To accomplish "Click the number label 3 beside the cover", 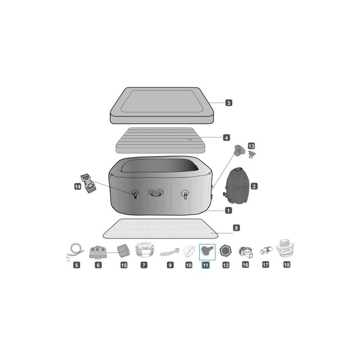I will pyautogui.click(x=229, y=103).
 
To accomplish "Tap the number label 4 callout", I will pyautogui.click(x=227, y=137).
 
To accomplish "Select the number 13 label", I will pyautogui.click(x=251, y=146).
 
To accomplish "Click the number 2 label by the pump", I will pyautogui.click(x=254, y=185).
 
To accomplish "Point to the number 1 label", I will pyautogui.click(x=229, y=210).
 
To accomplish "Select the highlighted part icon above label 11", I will pyautogui.click(x=207, y=250).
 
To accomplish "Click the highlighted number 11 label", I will pyautogui.click(x=206, y=265).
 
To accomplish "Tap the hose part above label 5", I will pyautogui.click(x=74, y=252).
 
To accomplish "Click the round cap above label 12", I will pyautogui.click(x=225, y=251).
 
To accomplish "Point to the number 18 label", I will pyautogui.click(x=287, y=265).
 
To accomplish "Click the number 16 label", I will pyautogui.click(x=245, y=265).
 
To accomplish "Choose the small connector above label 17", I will pyautogui.click(x=265, y=250).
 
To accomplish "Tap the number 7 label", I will pyautogui.click(x=144, y=265).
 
